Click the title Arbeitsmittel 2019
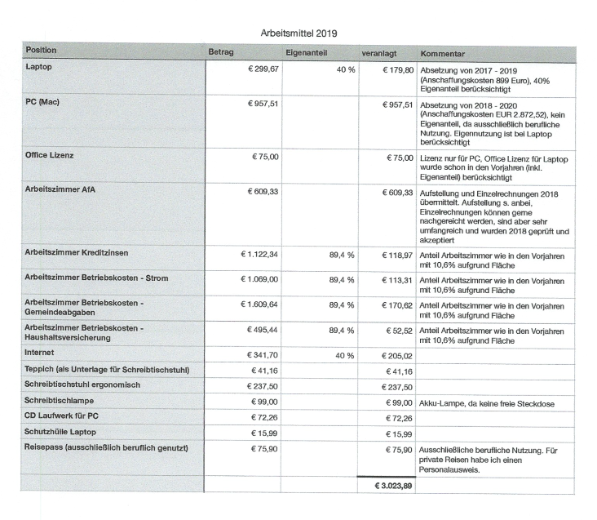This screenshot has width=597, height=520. (x=298, y=33)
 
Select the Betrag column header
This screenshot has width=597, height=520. (x=221, y=52)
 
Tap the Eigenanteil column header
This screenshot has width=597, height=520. (x=307, y=52)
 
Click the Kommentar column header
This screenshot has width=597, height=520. (x=443, y=52)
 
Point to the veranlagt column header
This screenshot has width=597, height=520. (x=379, y=52)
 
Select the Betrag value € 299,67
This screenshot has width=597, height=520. (x=263, y=69)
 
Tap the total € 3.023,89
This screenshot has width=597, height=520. (x=392, y=486)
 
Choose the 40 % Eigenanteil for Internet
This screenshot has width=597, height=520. (x=344, y=356)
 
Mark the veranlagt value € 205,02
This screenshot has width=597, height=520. (x=397, y=356)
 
